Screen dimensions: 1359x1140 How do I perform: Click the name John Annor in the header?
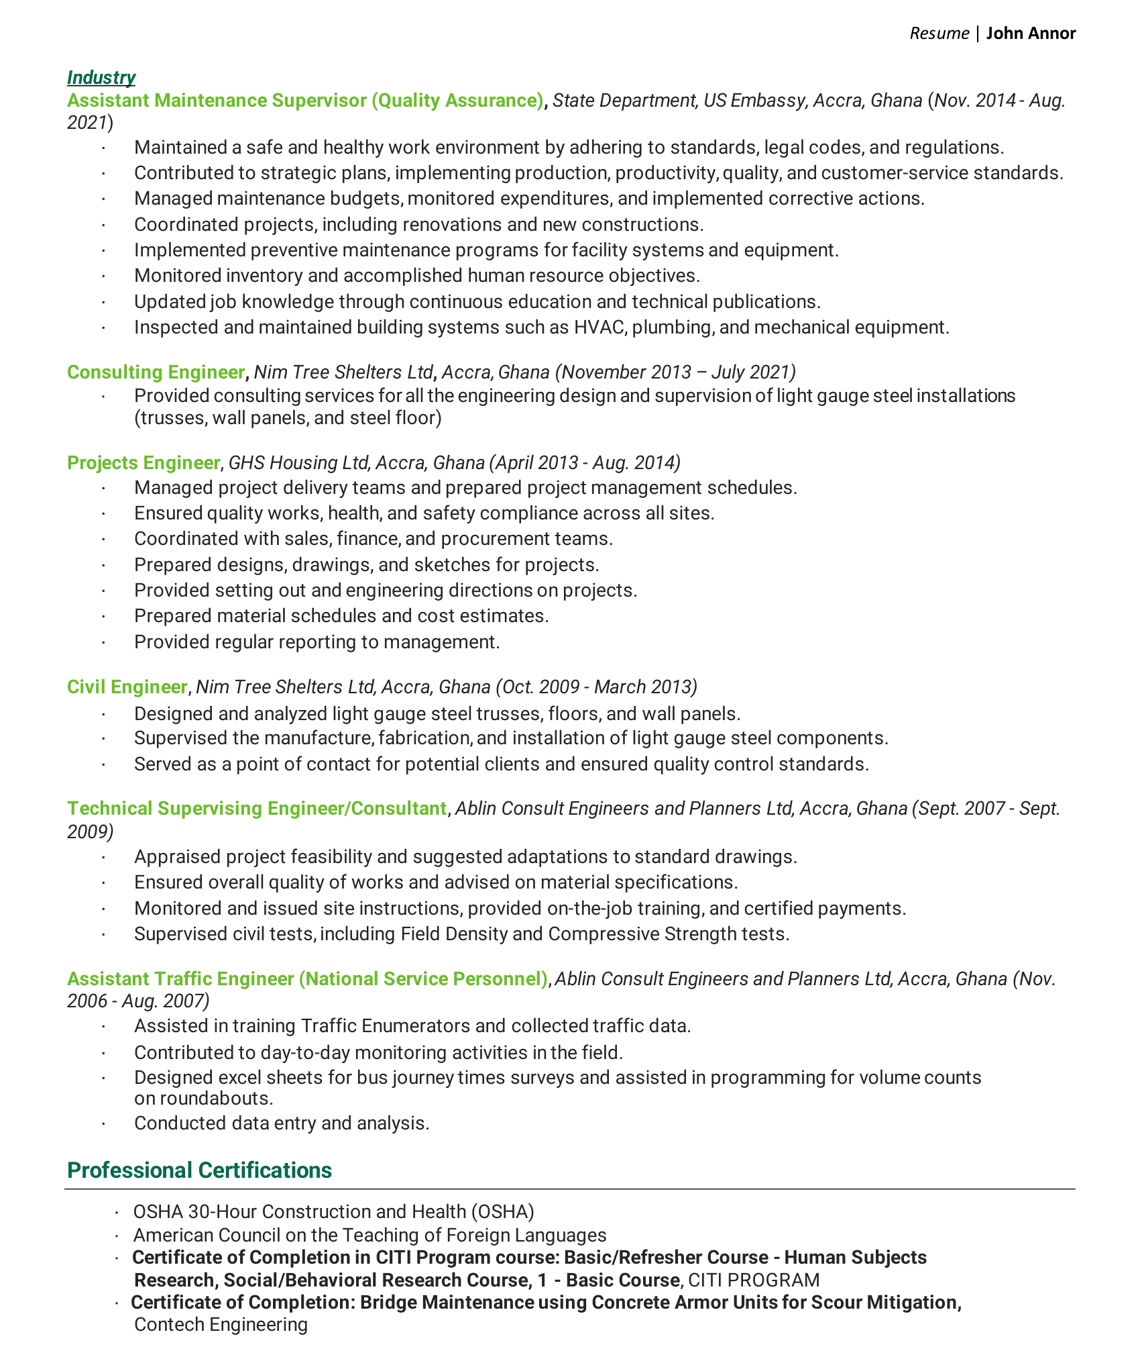point(1031,34)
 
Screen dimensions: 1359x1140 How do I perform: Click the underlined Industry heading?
point(101,78)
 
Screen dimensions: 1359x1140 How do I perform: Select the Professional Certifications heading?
point(199,1170)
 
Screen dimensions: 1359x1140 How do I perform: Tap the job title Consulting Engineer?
point(156,372)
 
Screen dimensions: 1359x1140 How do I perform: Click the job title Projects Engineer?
point(144,463)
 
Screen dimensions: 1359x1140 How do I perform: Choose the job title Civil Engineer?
point(127,687)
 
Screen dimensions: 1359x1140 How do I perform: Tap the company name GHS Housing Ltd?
point(298,463)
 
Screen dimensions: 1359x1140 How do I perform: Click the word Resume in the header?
point(939,34)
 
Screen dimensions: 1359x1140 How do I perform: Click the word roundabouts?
point(216,1099)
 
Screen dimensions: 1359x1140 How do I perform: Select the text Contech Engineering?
point(221,1324)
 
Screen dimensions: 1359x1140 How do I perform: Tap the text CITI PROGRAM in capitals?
point(754,1280)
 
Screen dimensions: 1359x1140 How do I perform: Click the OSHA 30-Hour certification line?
point(333,1211)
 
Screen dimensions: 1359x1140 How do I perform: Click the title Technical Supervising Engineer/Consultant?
point(257,809)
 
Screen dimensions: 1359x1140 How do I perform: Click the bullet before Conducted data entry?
point(104,1123)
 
